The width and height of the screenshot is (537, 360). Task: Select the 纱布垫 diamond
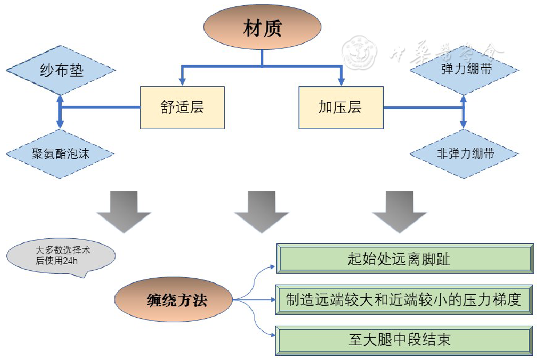point(61,70)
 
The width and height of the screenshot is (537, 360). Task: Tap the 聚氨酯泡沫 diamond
point(60,153)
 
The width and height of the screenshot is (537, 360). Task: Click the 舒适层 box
point(182,107)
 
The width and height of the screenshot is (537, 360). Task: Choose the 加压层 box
point(340,107)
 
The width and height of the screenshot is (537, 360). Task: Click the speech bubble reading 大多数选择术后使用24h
point(60,255)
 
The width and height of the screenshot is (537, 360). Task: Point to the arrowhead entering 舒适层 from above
point(182,82)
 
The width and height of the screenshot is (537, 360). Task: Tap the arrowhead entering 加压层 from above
point(341,82)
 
